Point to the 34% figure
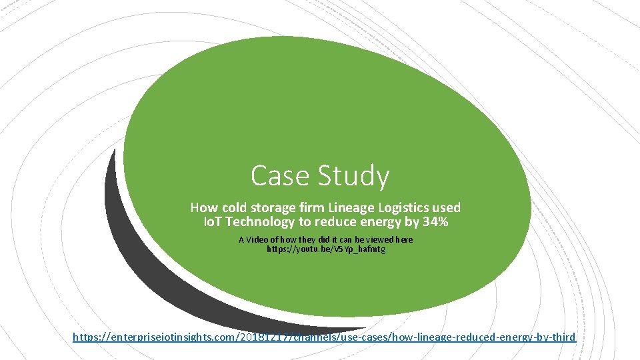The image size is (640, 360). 435,222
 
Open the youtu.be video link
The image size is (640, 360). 326,249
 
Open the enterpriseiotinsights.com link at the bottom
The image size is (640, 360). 324,337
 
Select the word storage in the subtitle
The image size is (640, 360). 271,208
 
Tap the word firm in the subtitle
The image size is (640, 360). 307,208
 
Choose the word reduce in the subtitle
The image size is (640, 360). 324,222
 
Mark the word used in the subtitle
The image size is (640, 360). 445,208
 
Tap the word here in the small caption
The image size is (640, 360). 405,239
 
